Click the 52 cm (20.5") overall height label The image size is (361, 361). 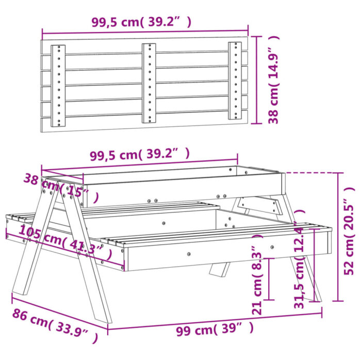350,237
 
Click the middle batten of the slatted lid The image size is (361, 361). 149,84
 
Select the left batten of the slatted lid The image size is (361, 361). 58,86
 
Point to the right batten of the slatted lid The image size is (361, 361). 235,83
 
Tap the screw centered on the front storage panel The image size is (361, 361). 189,254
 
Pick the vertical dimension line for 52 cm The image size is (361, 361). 338,237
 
